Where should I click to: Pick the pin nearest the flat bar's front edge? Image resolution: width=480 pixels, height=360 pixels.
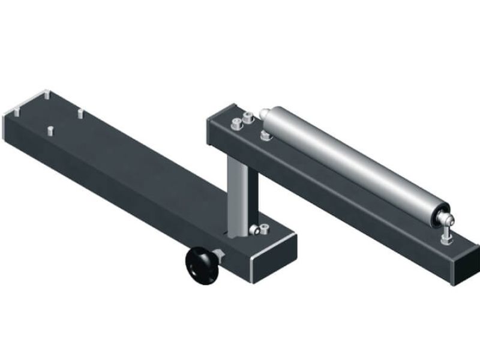50,130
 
